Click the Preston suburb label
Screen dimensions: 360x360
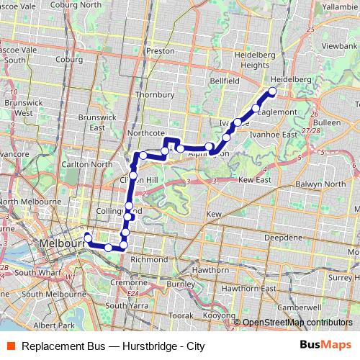tap(160, 51)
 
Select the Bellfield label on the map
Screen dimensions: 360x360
tap(225, 81)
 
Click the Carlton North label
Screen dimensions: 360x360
tap(86, 164)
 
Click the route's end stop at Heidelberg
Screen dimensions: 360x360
tap(272, 91)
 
